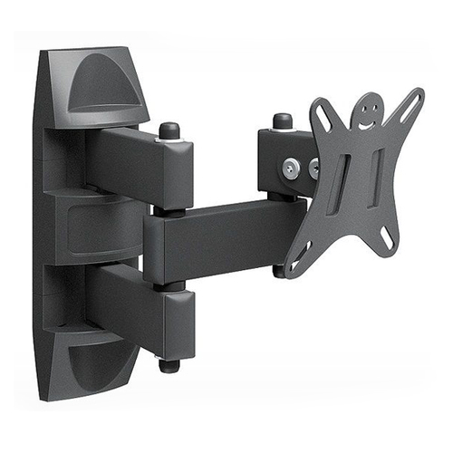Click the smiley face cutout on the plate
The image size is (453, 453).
(x=367, y=112)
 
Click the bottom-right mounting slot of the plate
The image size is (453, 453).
(x=388, y=238)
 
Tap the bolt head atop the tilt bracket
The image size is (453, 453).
(x=283, y=120)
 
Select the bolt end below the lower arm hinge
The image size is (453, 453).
(x=169, y=366)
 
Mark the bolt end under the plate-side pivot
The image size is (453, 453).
(x=280, y=269)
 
